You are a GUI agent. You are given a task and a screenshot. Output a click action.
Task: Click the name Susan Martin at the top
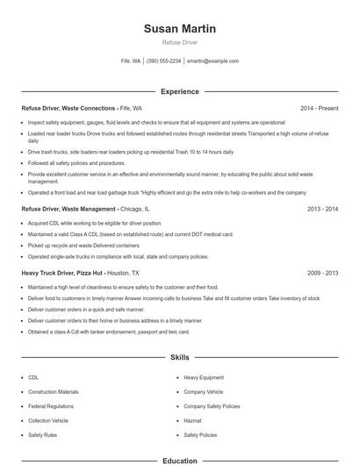179,29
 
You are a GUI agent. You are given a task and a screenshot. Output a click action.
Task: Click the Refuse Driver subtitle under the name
179,42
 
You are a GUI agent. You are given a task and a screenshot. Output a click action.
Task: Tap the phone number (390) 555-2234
164,61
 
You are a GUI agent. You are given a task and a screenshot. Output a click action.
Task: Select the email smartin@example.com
212,61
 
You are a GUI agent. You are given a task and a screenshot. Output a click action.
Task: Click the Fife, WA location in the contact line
131,61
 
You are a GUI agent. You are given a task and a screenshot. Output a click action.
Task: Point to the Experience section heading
179,91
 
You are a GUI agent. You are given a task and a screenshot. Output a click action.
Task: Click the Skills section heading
179,358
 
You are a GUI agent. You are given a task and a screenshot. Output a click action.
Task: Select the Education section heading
179,461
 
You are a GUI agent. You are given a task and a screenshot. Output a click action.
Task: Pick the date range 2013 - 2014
323,210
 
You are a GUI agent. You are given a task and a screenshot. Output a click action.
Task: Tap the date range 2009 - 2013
323,273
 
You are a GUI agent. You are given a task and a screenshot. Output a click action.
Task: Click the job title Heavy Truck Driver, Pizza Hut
69,273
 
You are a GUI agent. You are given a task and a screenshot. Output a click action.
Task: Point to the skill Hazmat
193,420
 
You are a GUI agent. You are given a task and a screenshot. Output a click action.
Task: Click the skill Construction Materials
54,391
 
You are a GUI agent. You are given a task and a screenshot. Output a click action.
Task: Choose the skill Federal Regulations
52,406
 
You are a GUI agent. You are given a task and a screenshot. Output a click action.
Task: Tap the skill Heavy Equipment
204,377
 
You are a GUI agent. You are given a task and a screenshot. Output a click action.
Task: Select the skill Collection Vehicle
50,420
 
